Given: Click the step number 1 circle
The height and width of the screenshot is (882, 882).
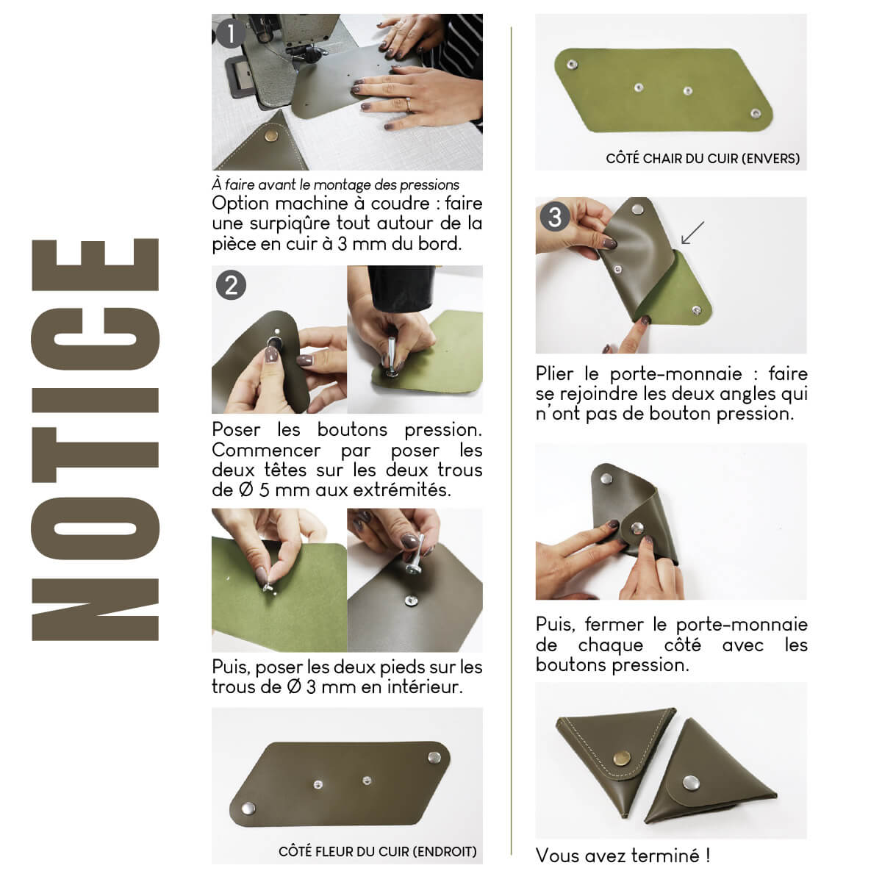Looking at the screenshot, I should click(x=231, y=33).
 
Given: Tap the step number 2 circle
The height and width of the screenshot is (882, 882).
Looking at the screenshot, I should click(x=231, y=284).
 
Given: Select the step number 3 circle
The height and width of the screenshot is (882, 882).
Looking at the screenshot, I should click(x=555, y=216).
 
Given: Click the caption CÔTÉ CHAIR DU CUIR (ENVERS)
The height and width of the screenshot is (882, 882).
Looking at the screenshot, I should click(x=702, y=158).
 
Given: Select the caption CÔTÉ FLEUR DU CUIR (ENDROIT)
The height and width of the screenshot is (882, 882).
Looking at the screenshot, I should click(x=377, y=851).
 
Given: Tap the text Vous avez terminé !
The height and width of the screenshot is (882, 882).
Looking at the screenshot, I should click(x=623, y=856).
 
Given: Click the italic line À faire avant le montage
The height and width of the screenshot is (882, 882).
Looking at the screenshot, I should click(x=335, y=184).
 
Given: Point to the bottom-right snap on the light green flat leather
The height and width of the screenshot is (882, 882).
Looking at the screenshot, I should click(x=754, y=112).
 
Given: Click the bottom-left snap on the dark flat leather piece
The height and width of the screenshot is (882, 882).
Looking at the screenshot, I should click(x=248, y=809).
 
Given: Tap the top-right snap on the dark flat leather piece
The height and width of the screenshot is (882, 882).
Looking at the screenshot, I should click(x=433, y=756).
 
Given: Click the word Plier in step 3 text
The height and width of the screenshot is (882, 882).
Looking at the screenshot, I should click(x=555, y=374).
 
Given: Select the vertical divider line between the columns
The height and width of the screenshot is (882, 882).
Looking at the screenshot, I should click(x=511, y=441).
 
